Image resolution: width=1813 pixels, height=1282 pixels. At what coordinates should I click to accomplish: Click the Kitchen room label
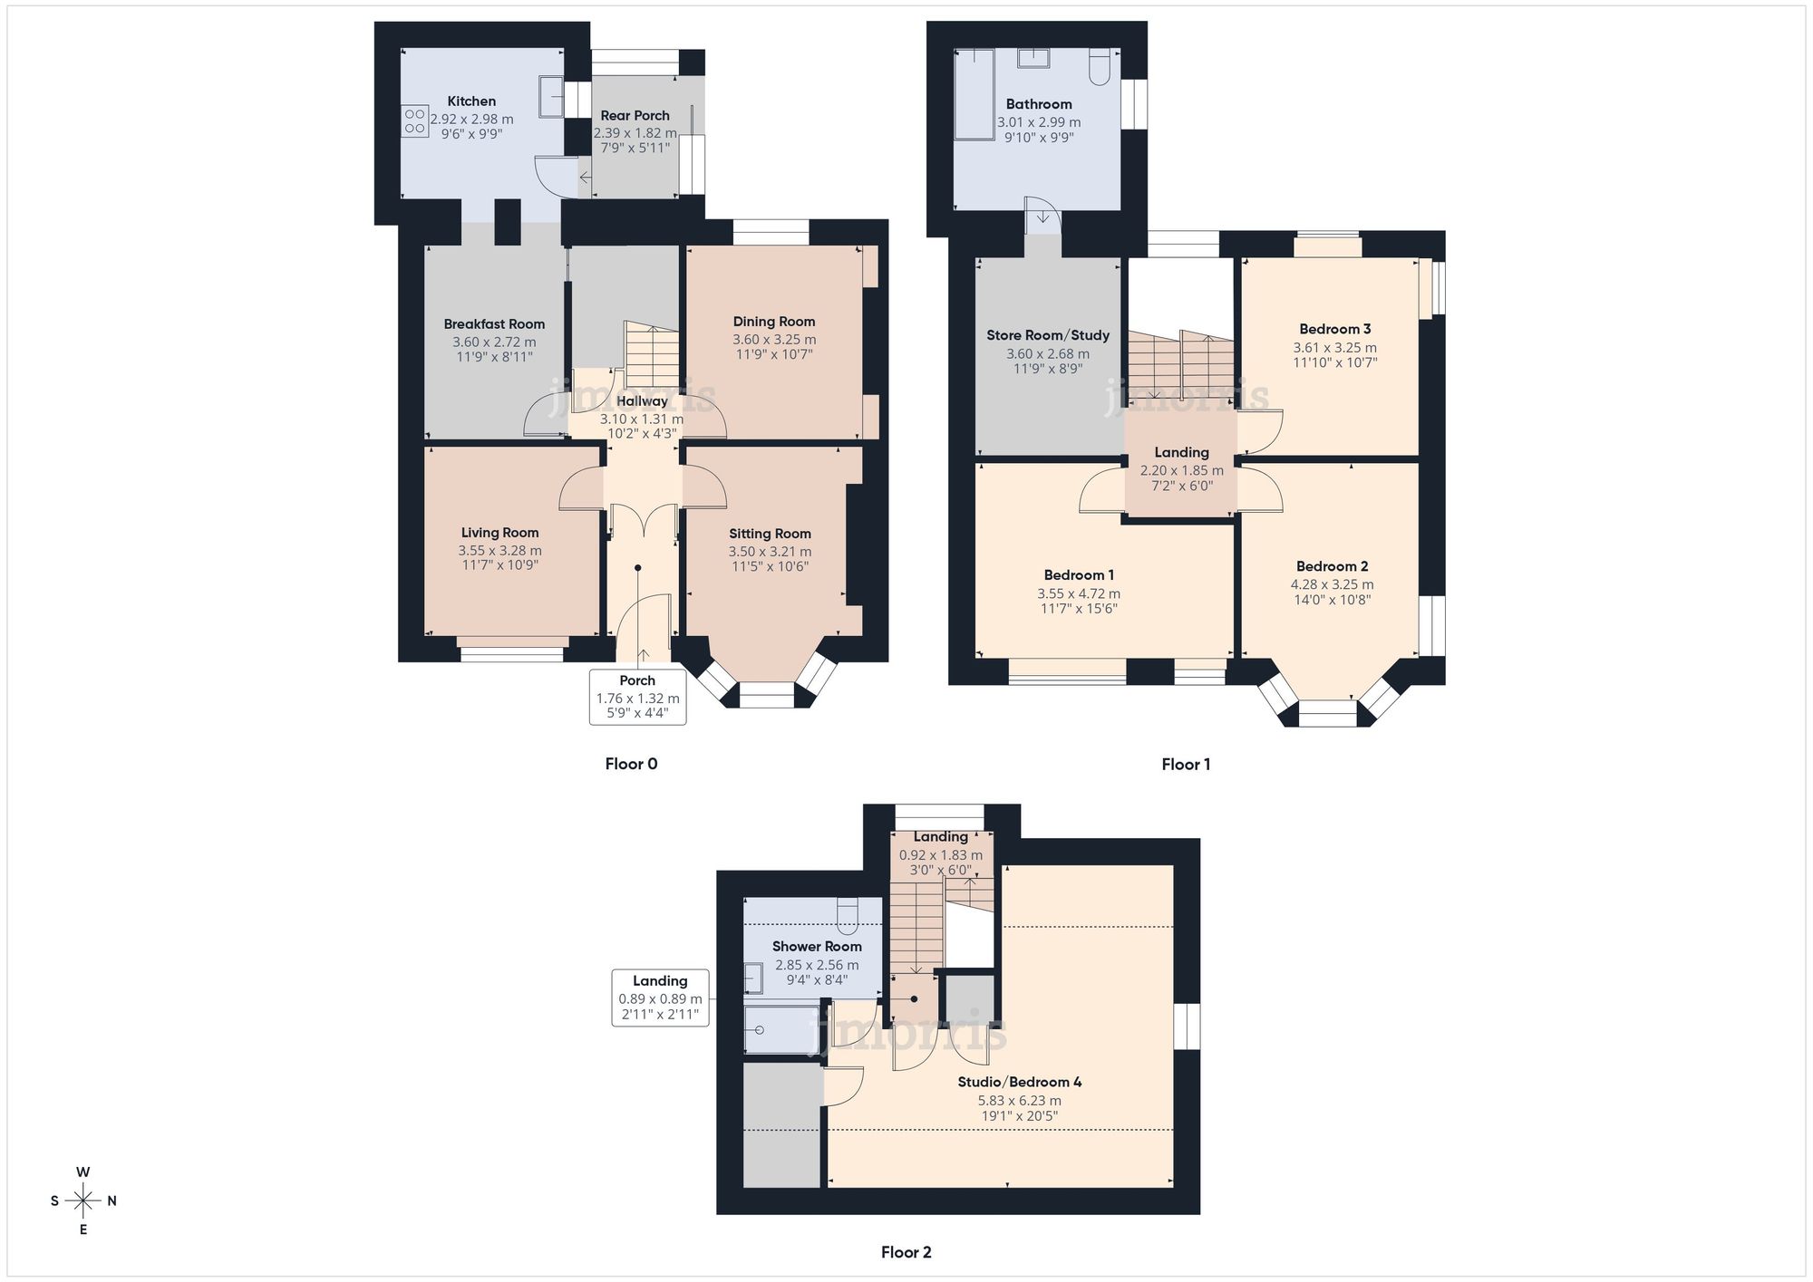[x=471, y=101]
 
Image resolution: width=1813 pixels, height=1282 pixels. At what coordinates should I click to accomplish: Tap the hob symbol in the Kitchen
[x=415, y=121]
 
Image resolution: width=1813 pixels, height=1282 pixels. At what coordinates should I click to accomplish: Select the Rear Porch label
[x=635, y=115]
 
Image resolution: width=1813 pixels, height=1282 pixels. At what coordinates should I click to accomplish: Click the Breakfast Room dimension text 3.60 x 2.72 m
[x=494, y=342]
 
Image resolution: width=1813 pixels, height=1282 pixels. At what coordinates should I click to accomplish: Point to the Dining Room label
[x=773, y=322]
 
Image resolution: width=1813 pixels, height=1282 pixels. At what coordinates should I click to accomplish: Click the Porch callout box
[x=637, y=697]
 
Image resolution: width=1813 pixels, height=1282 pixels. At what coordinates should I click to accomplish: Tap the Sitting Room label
[x=770, y=534]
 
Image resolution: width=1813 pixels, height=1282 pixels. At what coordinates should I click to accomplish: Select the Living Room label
[x=499, y=533]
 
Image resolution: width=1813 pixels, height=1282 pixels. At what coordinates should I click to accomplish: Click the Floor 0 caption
[x=631, y=764]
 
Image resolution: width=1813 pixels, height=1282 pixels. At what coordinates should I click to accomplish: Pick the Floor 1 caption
[x=1186, y=765]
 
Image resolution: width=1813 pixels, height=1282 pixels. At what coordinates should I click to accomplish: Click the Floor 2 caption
[x=906, y=1252]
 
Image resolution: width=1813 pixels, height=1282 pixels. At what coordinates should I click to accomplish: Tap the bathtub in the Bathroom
[x=974, y=94]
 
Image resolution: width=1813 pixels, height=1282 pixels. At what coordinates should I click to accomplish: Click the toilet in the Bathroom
[x=1099, y=66]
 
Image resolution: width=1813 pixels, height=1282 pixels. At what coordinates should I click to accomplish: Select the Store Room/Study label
[x=1048, y=335]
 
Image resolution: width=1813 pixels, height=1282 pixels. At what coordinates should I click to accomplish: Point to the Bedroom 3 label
[x=1334, y=329]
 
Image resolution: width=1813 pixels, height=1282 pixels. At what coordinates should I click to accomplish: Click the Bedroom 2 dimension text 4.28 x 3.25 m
[x=1332, y=584]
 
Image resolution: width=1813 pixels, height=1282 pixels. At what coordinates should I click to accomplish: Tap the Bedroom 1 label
[x=1079, y=574]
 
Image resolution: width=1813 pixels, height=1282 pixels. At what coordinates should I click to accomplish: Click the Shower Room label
[x=817, y=946]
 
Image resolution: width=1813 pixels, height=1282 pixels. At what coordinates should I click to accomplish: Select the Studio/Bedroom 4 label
[x=1019, y=1082]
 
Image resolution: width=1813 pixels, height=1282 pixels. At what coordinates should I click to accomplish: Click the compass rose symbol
[x=83, y=1201]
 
